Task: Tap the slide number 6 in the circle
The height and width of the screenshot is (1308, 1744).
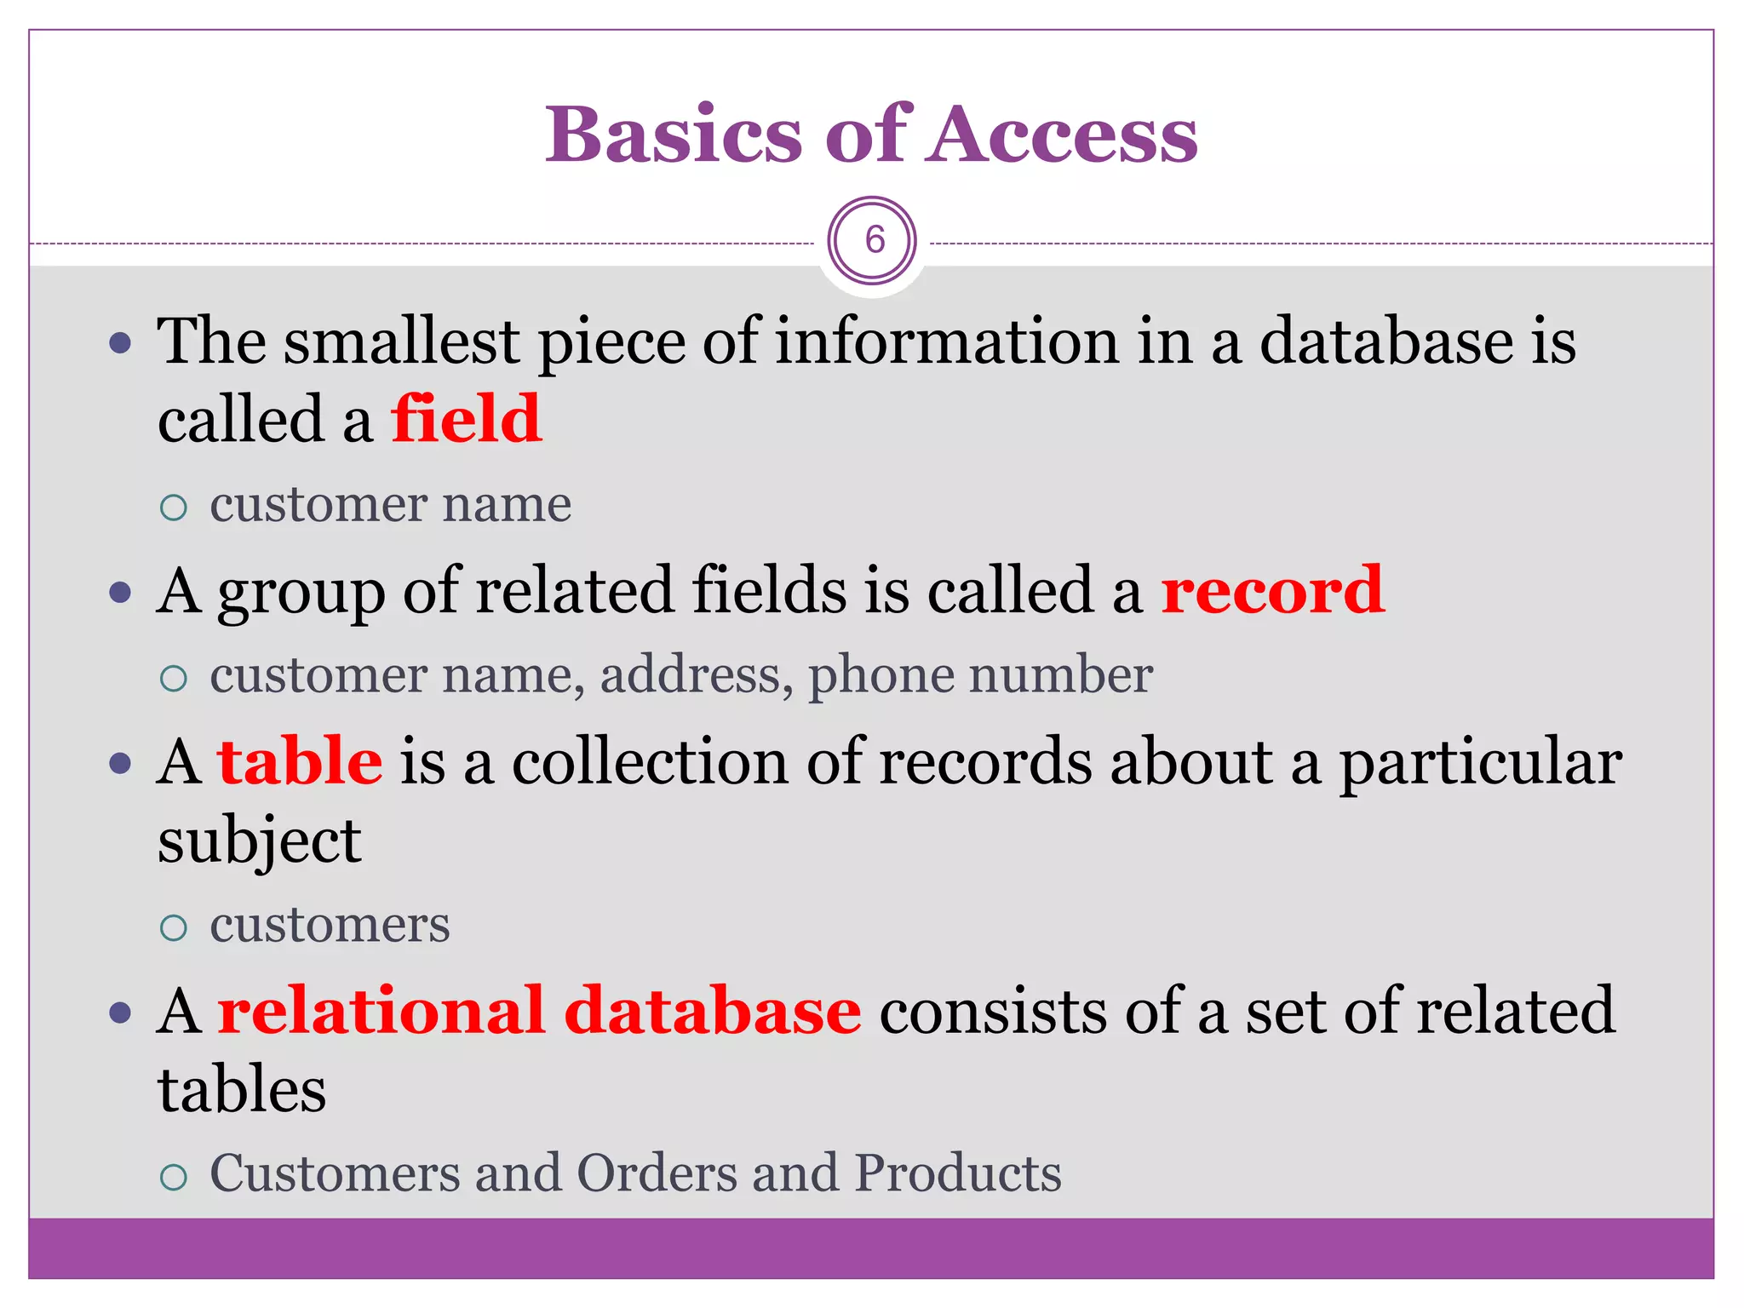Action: coord(874,240)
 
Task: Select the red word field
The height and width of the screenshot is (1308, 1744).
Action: coord(466,419)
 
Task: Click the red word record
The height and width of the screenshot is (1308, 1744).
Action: coord(1272,589)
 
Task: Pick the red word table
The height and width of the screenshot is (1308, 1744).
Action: coord(300,760)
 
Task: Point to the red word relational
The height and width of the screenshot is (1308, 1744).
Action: coord(381,1010)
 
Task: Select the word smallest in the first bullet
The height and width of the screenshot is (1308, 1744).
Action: coord(401,341)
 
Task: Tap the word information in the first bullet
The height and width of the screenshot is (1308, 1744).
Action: coord(947,341)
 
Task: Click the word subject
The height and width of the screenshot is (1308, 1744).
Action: coord(260,841)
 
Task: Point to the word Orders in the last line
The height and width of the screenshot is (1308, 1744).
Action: coord(655,1173)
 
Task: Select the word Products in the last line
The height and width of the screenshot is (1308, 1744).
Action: coord(957,1173)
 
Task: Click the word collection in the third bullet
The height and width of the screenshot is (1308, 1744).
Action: coord(650,760)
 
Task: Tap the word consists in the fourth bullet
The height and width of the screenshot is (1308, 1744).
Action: coord(992,1010)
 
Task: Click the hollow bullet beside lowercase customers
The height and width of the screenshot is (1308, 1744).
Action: coord(174,926)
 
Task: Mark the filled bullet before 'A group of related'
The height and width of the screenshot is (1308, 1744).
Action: coord(121,592)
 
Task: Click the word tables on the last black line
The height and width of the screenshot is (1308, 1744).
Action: coord(242,1090)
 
